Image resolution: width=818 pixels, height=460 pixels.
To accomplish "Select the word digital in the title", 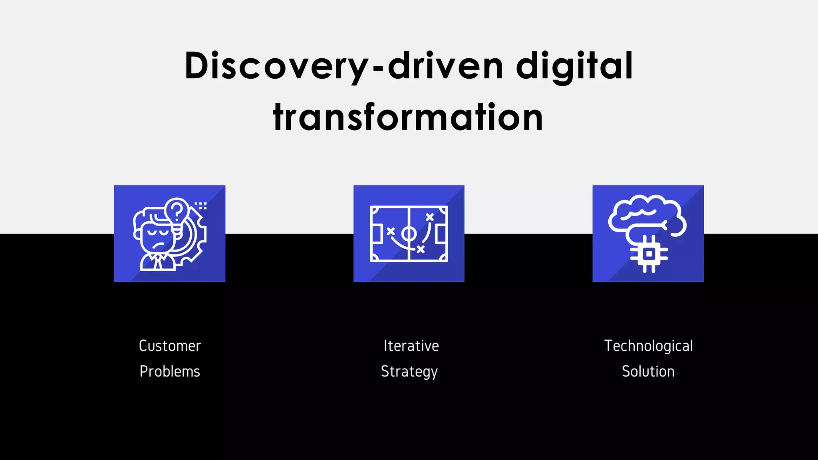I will [x=574, y=66].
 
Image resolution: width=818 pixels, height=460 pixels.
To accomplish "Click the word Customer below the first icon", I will [x=170, y=346].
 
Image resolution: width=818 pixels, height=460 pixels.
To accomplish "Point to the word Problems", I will [x=170, y=371].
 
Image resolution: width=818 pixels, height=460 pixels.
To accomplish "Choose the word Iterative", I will [x=411, y=346].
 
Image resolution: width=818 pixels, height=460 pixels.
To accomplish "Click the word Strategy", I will [x=409, y=371].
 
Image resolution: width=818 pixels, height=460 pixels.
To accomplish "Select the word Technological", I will [x=648, y=346].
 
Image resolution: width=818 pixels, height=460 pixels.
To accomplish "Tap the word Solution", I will [x=648, y=371].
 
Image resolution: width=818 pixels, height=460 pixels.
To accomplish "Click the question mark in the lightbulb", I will [x=177, y=210].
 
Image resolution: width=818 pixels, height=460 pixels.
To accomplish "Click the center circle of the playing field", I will [x=409, y=234].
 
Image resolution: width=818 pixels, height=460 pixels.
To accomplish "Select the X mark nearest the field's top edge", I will [x=429, y=217].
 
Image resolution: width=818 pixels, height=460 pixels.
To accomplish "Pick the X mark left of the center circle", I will [x=391, y=231].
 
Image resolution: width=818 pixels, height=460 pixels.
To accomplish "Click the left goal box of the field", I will [x=376, y=234].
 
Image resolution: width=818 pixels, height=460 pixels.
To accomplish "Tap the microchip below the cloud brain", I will [x=649, y=254].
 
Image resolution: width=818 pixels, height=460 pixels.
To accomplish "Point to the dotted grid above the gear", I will [x=201, y=206].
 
